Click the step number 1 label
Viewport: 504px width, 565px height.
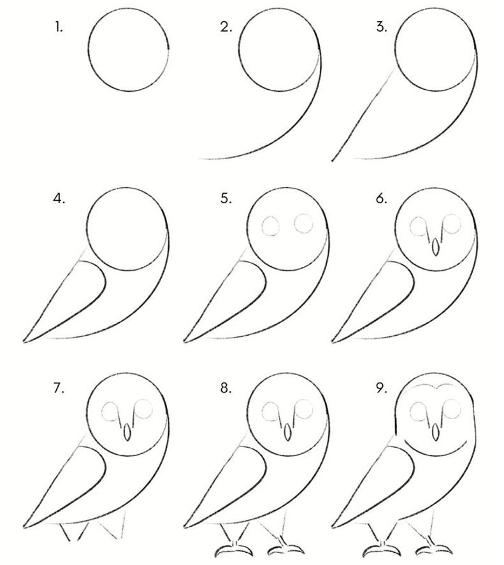coord(59,27)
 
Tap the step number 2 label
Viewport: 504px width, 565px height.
coord(226,27)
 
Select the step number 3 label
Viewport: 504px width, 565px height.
coord(382,27)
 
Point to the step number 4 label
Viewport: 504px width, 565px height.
coord(59,199)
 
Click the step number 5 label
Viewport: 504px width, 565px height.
coord(226,199)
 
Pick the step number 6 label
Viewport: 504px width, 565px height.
coord(382,199)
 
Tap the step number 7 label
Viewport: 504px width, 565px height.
coord(59,388)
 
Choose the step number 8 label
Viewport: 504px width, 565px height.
coord(226,388)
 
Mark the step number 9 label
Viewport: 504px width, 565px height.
coord(382,388)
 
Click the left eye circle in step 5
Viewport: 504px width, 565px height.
coord(271,226)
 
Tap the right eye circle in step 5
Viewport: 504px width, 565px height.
coord(303,224)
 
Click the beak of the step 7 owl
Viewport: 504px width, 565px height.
coord(127,432)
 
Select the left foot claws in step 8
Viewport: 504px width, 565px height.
coord(234,550)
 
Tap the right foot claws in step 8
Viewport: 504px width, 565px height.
coord(286,550)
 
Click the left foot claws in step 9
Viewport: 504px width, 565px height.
coord(382,550)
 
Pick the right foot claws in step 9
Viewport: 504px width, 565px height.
coord(434,550)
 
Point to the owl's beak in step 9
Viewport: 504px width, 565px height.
coord(435,432)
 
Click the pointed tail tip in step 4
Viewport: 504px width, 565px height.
coord(24,341)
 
